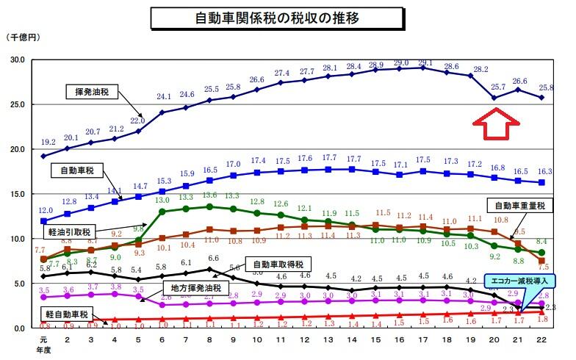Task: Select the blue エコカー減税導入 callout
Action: [519, 280]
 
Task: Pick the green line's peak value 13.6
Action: [209, 195]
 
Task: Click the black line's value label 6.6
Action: [213, 259]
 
